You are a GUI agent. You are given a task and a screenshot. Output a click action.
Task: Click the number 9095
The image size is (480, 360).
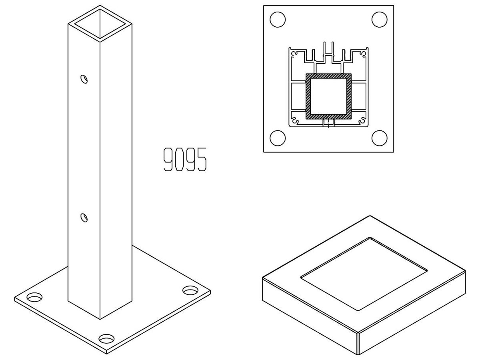pyautogui.click(x=185, y=159)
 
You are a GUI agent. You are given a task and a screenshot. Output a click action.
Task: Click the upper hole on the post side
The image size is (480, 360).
pyautogui.click(x=84, y=79)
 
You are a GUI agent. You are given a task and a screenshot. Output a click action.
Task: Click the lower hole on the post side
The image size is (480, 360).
pyautogui.click(x=84, y=218)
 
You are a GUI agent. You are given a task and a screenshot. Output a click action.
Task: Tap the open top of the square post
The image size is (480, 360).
pyautogui.click(x=100, y=24)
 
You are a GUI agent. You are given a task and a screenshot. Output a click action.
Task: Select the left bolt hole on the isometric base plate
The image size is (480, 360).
pyautogui.click(x=34, y=297)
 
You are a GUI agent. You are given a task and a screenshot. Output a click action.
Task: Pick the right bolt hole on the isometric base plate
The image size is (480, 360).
pyautogui.click(x=190, y=290)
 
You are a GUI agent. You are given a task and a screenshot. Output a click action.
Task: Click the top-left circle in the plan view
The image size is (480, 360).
pyautogui.click(x=278, y=20)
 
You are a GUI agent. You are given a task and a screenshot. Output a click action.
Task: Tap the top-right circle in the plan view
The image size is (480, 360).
pyautogui.click(x=380, y=20)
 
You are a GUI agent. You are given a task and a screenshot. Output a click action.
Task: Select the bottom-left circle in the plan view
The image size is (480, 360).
pyautogui.click(x=278, y=138)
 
